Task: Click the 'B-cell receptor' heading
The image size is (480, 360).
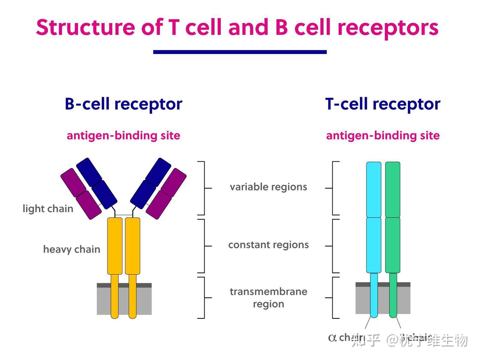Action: click(x=123, y=104)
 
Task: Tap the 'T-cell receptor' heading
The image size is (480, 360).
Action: click(x=383, y=104)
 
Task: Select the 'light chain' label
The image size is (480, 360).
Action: click(x=48, y=209)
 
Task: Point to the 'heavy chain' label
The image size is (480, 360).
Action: click(x=71, y=249)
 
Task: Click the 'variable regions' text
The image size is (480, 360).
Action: click(x=268, y=187)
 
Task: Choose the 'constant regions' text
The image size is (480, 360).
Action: click(x=268, y=245)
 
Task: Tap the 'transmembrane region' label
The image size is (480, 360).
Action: click(x=268, y=298)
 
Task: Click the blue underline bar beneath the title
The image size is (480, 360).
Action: click(x=240, y=52)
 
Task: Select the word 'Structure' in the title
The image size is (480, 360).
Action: click(x=85, y=27)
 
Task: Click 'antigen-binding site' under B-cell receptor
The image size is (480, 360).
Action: click(x=123, y=136)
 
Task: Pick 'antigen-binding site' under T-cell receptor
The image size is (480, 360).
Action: click(x=383, y=136)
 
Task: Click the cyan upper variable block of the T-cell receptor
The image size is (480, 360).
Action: click(x=374, y=189)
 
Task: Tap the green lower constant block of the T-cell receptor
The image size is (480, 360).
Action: click(x=393, y=245)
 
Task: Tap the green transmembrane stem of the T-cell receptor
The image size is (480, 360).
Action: click(x=393, y=295)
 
